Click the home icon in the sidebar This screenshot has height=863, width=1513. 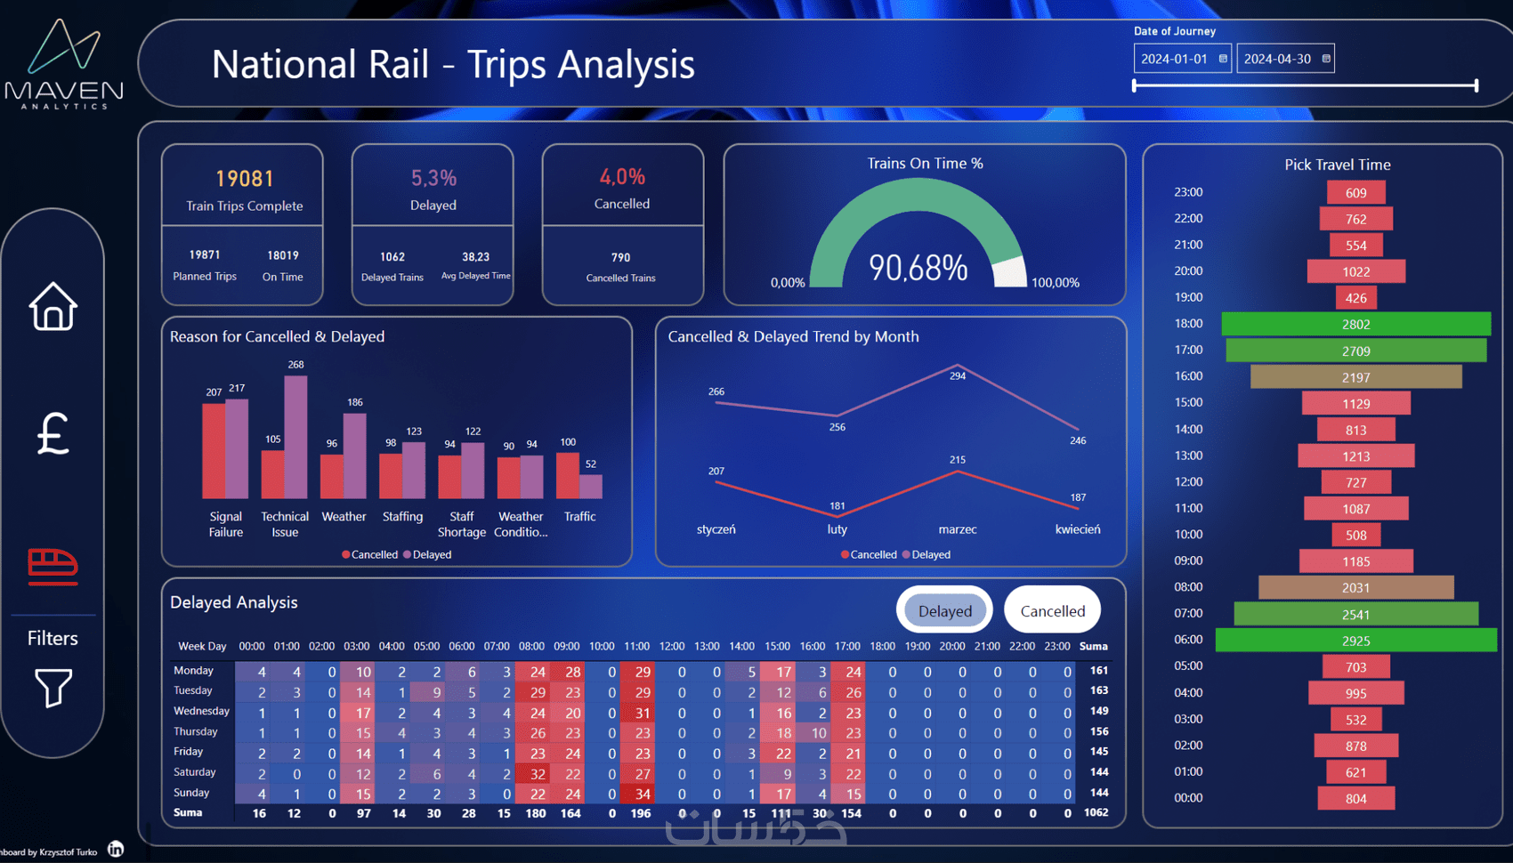pyautogui.click(x=53, y=307)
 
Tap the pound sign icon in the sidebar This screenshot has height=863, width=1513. pyautogui.click(x=53, y=433)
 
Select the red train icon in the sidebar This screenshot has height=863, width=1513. pyautogui.click(x=53, y=566)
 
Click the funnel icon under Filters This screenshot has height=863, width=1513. pyautogui.click(x=53, y=688)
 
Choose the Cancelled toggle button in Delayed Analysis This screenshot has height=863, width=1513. pyautogui.click(x=1052, y=611)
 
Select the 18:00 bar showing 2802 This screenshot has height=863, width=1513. pyautogui.click(x=1355, y=324)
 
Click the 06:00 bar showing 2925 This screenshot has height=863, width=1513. pyautogui.click(x=1355, y=641)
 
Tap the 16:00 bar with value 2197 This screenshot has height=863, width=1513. pyautogui.click(x=1355, y=377)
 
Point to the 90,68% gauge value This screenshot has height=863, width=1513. pyautogui.click(x=918, y=268)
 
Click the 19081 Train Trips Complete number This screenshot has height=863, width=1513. pyautogui.click(x=245, y=179)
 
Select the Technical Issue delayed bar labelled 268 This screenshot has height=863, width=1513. pyautogui.click(x=295, y=436)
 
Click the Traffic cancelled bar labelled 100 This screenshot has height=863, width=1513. pyautogui.click(x=567, y=475)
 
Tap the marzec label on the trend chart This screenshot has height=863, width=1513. pyautogui.click(x=958, y=529)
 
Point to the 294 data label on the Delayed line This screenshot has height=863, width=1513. pyautogui.click(x=958, y=376)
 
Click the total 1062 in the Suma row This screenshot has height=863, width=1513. pyautogui.click(x=1096, y=812)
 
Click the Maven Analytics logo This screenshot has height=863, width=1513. pyautogui.click(x=64, y=64)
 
